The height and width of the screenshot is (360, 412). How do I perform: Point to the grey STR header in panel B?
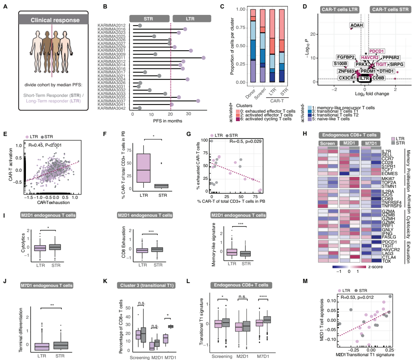coord(148,19)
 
